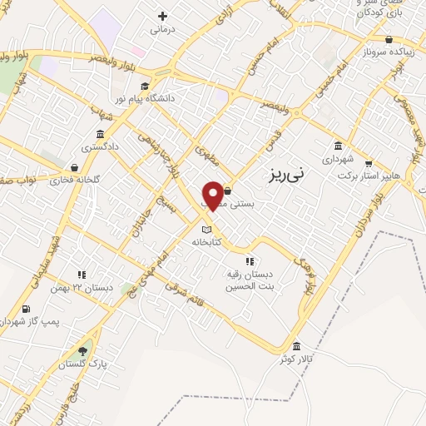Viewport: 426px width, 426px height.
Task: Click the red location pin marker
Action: click(213, 195)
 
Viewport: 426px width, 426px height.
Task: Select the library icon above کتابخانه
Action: click(207, 230)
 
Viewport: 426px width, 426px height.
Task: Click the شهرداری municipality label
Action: click(339, 157)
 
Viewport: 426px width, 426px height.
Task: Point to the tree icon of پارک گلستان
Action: click(82, 350)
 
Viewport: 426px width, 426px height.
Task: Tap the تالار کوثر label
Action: click(296, 359)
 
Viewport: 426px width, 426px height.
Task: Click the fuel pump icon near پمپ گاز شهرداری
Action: click(26, 310)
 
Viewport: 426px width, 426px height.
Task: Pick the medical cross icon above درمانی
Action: click(161, 16)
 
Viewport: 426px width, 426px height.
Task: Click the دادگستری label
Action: click(99, 146)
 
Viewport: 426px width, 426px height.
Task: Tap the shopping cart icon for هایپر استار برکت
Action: click(369, 164)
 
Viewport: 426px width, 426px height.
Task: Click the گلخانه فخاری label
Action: click(74, 180)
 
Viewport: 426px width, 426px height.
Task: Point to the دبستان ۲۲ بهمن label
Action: click(92, 288)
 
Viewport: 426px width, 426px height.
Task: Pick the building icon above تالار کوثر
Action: click(297, 346)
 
